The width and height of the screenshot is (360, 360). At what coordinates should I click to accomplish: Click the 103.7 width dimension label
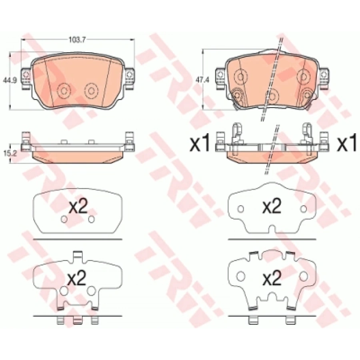click(x=77, y=40)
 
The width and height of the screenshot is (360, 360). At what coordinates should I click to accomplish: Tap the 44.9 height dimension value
click(x=10, y=80)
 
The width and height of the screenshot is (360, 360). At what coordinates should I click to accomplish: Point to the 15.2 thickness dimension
click(x=10, y=153)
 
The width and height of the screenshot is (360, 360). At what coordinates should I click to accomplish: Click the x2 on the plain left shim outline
click(x=78, y=207)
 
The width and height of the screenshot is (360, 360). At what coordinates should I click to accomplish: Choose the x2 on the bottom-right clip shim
click(x=272, y=278)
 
